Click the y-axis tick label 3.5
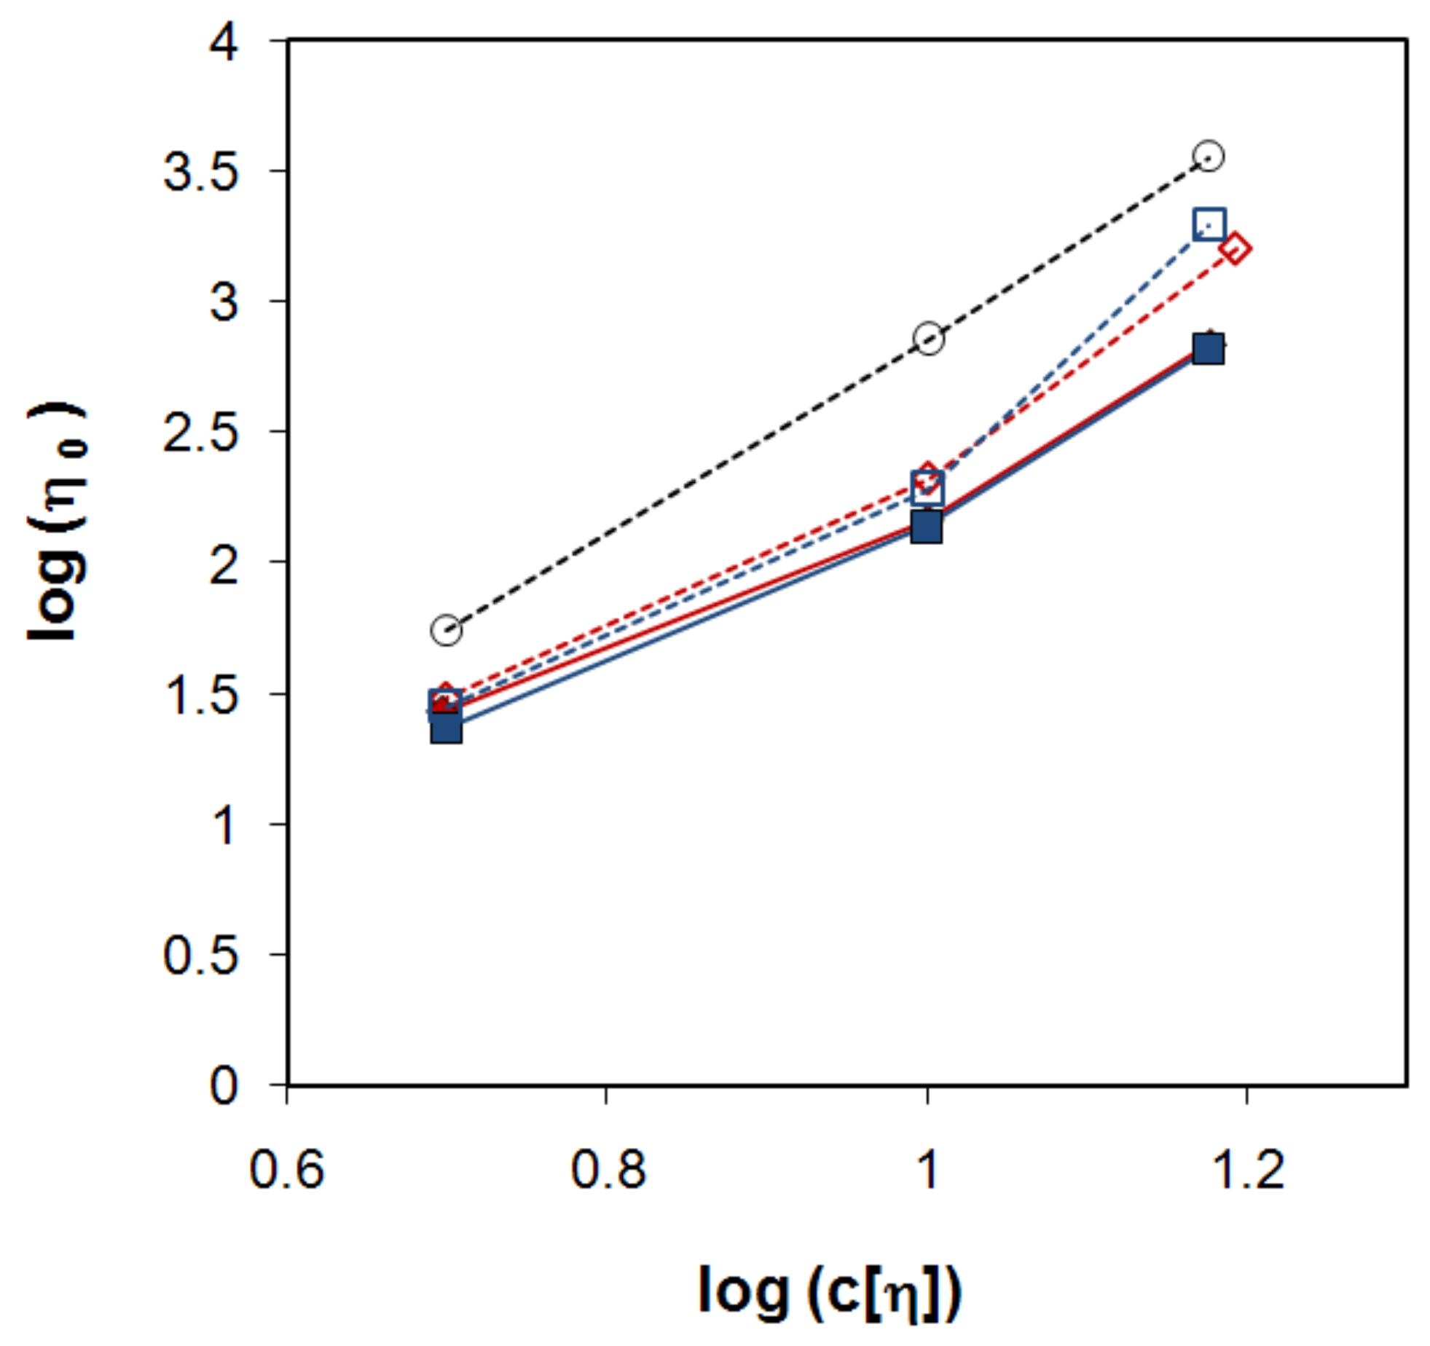[x=200, y=173]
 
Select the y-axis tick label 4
[x=223, y=43]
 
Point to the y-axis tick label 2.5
[x=200, y=434]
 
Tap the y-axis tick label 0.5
[x=200, y=956]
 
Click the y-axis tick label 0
[x=223, y=1086]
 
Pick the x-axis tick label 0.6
[x=286, y=1170]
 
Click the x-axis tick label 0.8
[x=608, y=1170]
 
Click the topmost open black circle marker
[x=1209, y=156]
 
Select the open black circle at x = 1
[x=928, y=339]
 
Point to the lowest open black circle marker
[x=447, y=630]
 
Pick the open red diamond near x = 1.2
[x=1235, y=249]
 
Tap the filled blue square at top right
[x=1209, y=350]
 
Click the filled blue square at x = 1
[x=927, y=527]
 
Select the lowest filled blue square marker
[x=447, y=727]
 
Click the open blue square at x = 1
[x=928, y=488]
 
